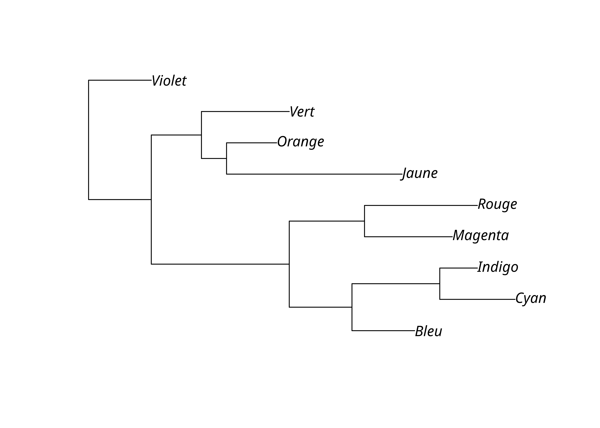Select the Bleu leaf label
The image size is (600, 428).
pyautogui.click(x=428, y=331)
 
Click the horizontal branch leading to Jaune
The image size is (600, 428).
pyautogui.click(x=314, y=174)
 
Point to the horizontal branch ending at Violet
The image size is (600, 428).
pyautogui.click(x=120, y=80)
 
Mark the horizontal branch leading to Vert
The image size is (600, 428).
pyautogui.click(x=245, y=111)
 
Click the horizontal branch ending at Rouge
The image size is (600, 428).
pyautogui.click(x=421, y=205)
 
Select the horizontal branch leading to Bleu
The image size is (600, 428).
pyautogui.click(x=383, y=331)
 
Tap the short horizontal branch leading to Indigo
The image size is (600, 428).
pyautogui.click(x=459, y=268)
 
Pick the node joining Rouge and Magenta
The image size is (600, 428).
pyautogui.click(x=364, y=221)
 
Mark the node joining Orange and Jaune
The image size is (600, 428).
pyautogui.click(x=226, y=158)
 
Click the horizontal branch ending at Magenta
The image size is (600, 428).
pyautogui.click(x=408, y=237)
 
